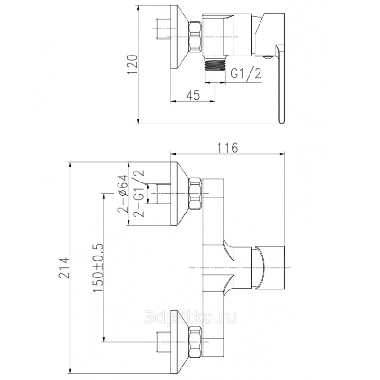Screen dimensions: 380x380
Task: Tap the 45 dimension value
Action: coord(193,95)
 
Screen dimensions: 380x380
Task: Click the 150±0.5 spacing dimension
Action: coord(98,268)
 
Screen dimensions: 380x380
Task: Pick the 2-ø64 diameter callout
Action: coord(123,194)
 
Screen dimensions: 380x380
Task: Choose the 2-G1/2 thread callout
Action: coord(139,193)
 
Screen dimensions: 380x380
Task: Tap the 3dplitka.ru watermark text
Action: coord(190,317)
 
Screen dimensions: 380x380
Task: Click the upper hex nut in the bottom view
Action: coord(195,193)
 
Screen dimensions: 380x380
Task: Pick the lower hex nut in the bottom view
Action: coord(195,342)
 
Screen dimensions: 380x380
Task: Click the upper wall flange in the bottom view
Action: coord(180,193)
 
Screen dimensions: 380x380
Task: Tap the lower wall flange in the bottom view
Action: coord(180,342)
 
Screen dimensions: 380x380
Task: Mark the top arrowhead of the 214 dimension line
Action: coord(70,165)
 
